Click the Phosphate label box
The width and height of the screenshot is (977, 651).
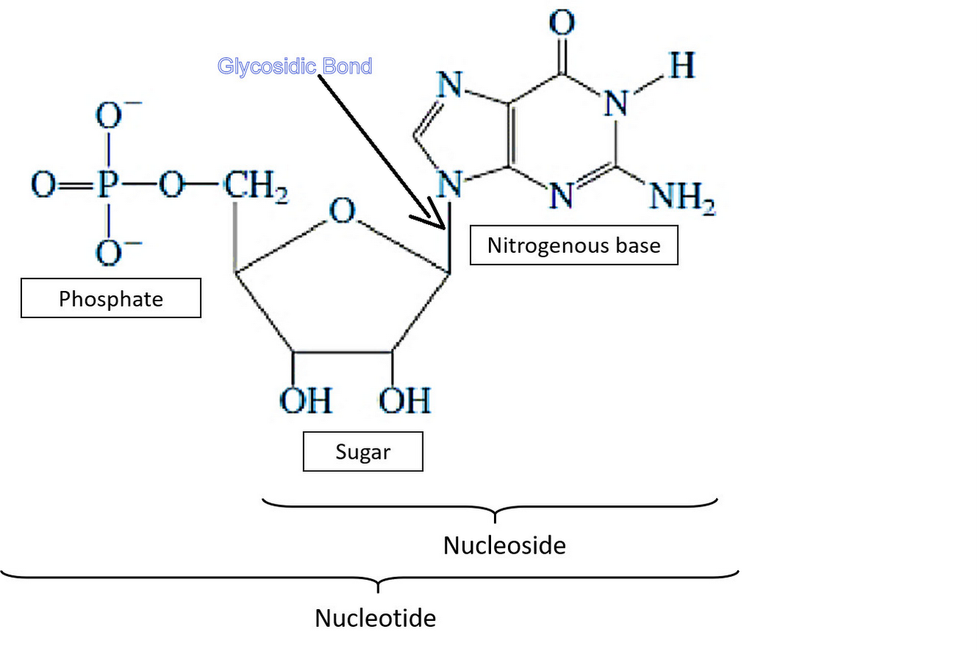click(x=111, y=298)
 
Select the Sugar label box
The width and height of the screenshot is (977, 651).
click(x=363, y=452)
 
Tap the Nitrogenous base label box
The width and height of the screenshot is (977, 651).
click(x=574, y=245)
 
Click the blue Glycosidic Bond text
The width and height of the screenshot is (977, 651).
click(x=295, y=66)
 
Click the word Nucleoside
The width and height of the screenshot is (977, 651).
click(x=504, y=545)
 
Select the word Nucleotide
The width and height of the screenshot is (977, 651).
click(x=375, y=618)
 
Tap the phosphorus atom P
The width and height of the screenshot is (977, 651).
click(x=108, y=185)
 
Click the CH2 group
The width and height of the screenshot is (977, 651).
click(x=256, y=186)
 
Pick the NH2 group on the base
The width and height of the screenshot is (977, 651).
click(x=682, y=196)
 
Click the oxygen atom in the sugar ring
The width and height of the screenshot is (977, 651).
click(x=342, y=210)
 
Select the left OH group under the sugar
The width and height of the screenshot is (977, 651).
click(x=306, y=400)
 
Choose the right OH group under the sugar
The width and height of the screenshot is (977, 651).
click(x=405, y=400)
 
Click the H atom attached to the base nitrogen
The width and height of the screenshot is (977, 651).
click(x=681, y=66)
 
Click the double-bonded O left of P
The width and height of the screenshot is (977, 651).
click(x=43, y=185)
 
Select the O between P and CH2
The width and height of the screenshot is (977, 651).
click(x=172, y=185)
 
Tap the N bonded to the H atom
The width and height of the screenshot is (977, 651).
click(x=616, y=104)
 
